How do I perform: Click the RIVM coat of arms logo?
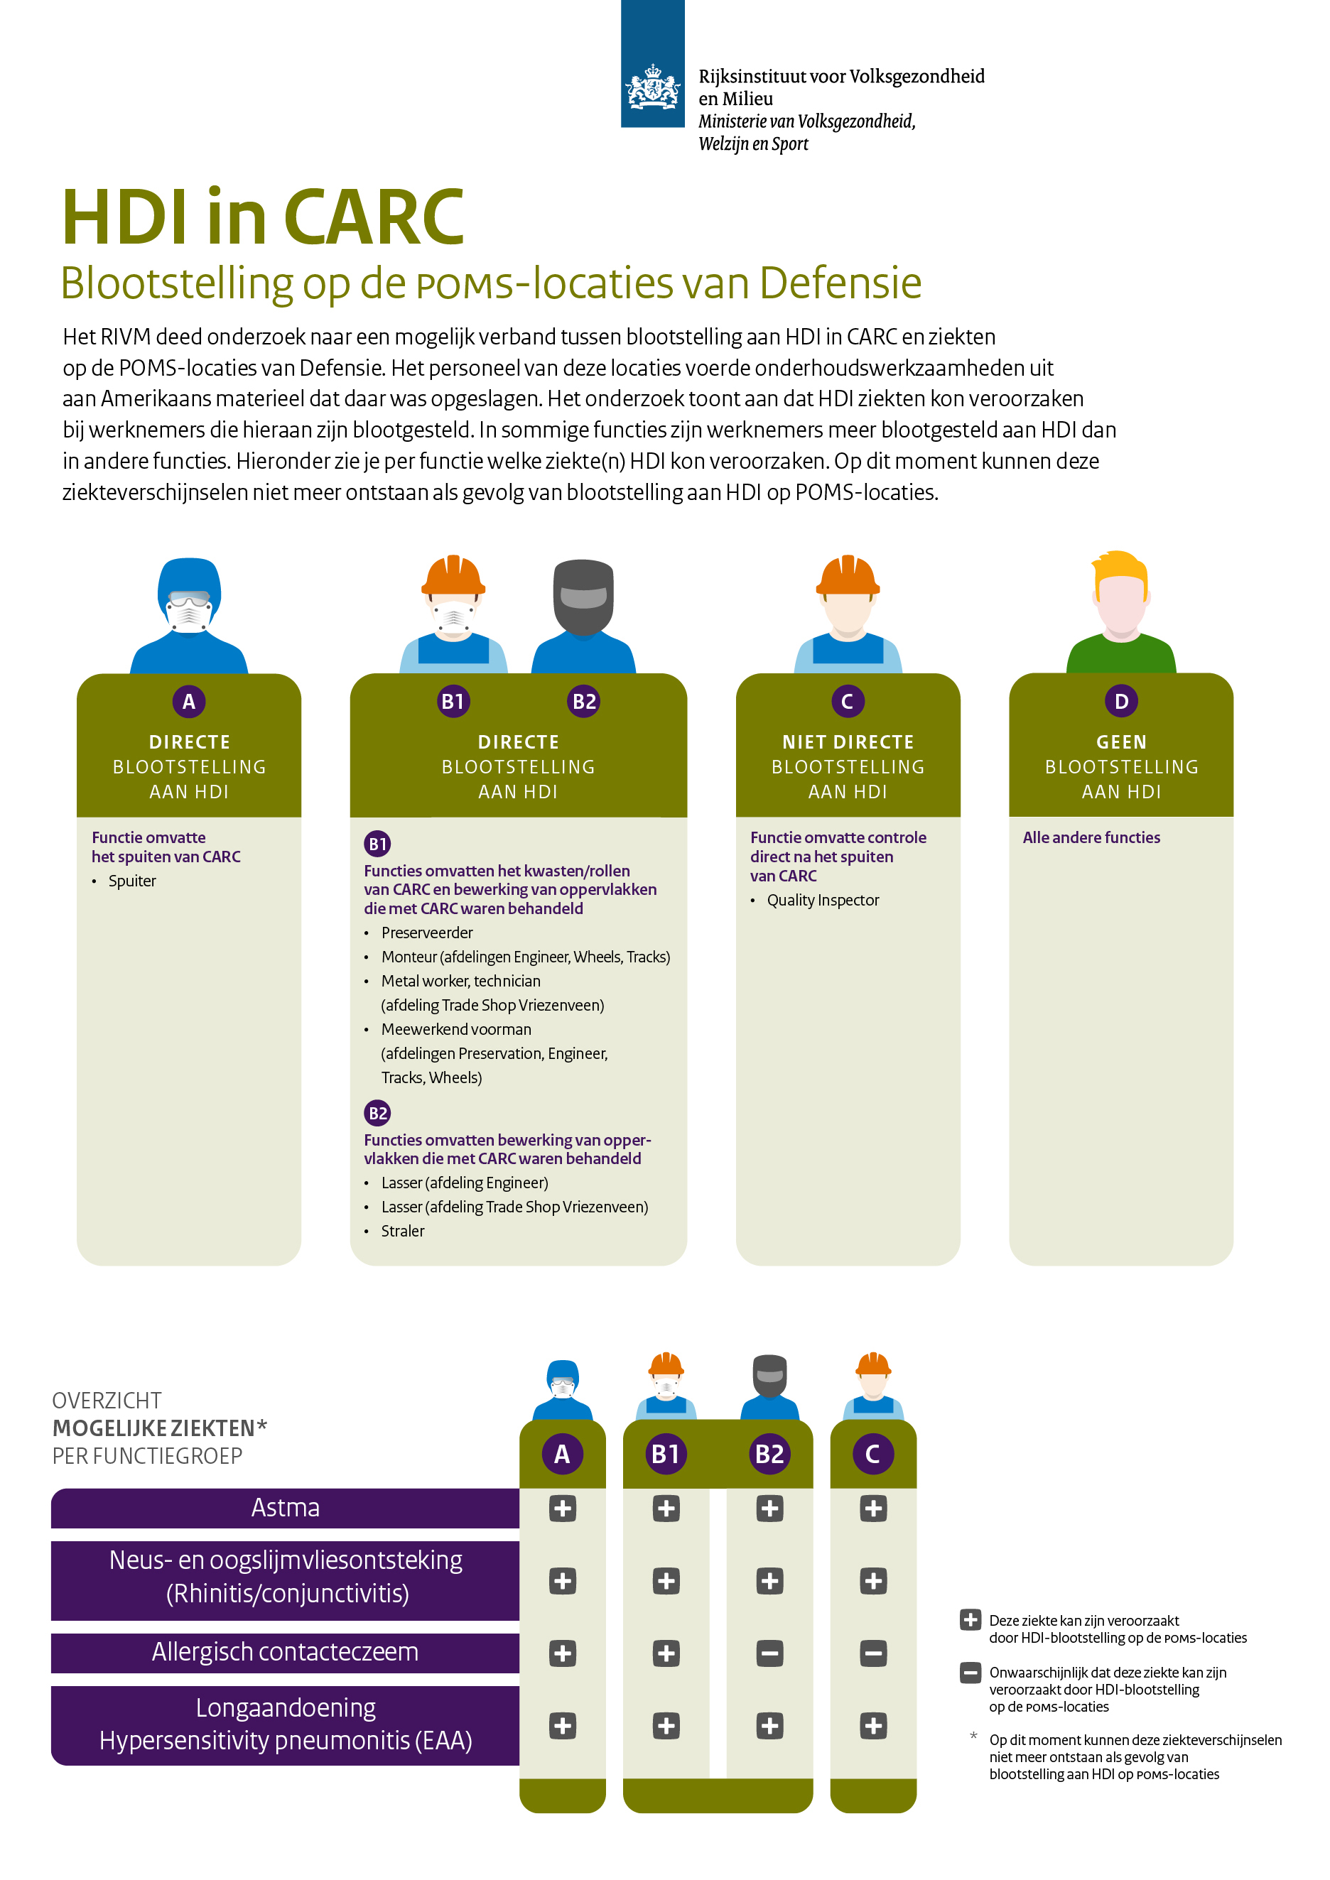pyautogui.click(x=652, y=87)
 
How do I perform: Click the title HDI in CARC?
pyautogui.click(x=263, y=217)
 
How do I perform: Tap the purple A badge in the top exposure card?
pyautogui.click(x=188, y=702)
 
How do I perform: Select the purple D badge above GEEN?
pyautogui.click(x=1120, y=702)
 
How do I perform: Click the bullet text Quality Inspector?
pyautogui.click(x=822, y=900)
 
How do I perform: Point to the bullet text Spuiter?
pyautogui.click(x=132, y=881)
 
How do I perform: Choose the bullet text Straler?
pyautogui.click(x=402, y=1231)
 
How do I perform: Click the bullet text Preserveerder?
pyautogui.click(x=427, y=933)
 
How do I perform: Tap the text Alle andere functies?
pyautogui.click(x=1091, y=837)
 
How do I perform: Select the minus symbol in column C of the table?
pyautogui.click(x=873, y=1653)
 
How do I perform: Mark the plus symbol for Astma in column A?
pyautogui.click(x=563, y=1509)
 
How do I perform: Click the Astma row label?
pyautogui.click(x=285, y=1507)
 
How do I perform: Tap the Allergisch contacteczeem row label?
pyautogui.click(x=285, y=1651)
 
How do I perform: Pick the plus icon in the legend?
pyautogui.click(x=970, y=1619)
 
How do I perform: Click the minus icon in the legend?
pyautogui.click(x=970, y=1672)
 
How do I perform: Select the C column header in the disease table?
pyautogui.click(x=872, y=1455)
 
